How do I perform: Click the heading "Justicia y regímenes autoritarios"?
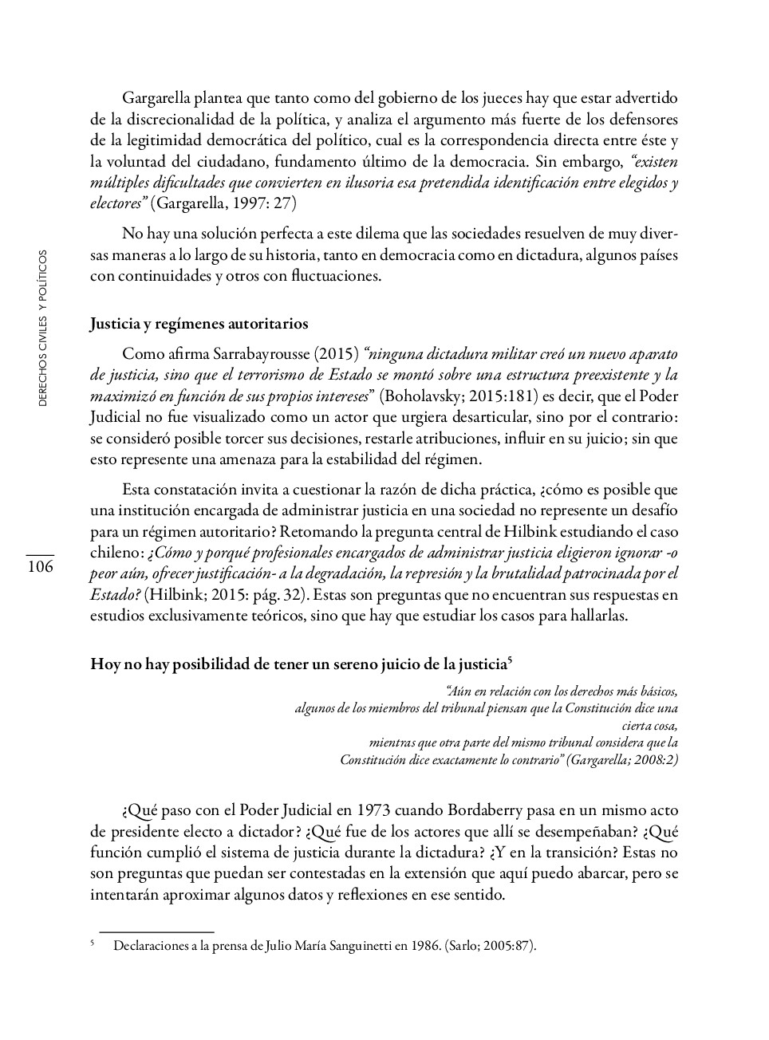click(x=199, y=324)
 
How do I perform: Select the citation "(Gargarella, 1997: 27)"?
click(x=224, y=203)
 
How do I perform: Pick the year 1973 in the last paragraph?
click(x=375, y=811)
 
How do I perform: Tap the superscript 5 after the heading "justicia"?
click(x=509, y=660)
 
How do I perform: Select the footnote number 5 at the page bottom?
click(x=93, y=943)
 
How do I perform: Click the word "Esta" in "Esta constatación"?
click(x=136, y=489)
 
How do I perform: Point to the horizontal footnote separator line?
click(x=157, y=931)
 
